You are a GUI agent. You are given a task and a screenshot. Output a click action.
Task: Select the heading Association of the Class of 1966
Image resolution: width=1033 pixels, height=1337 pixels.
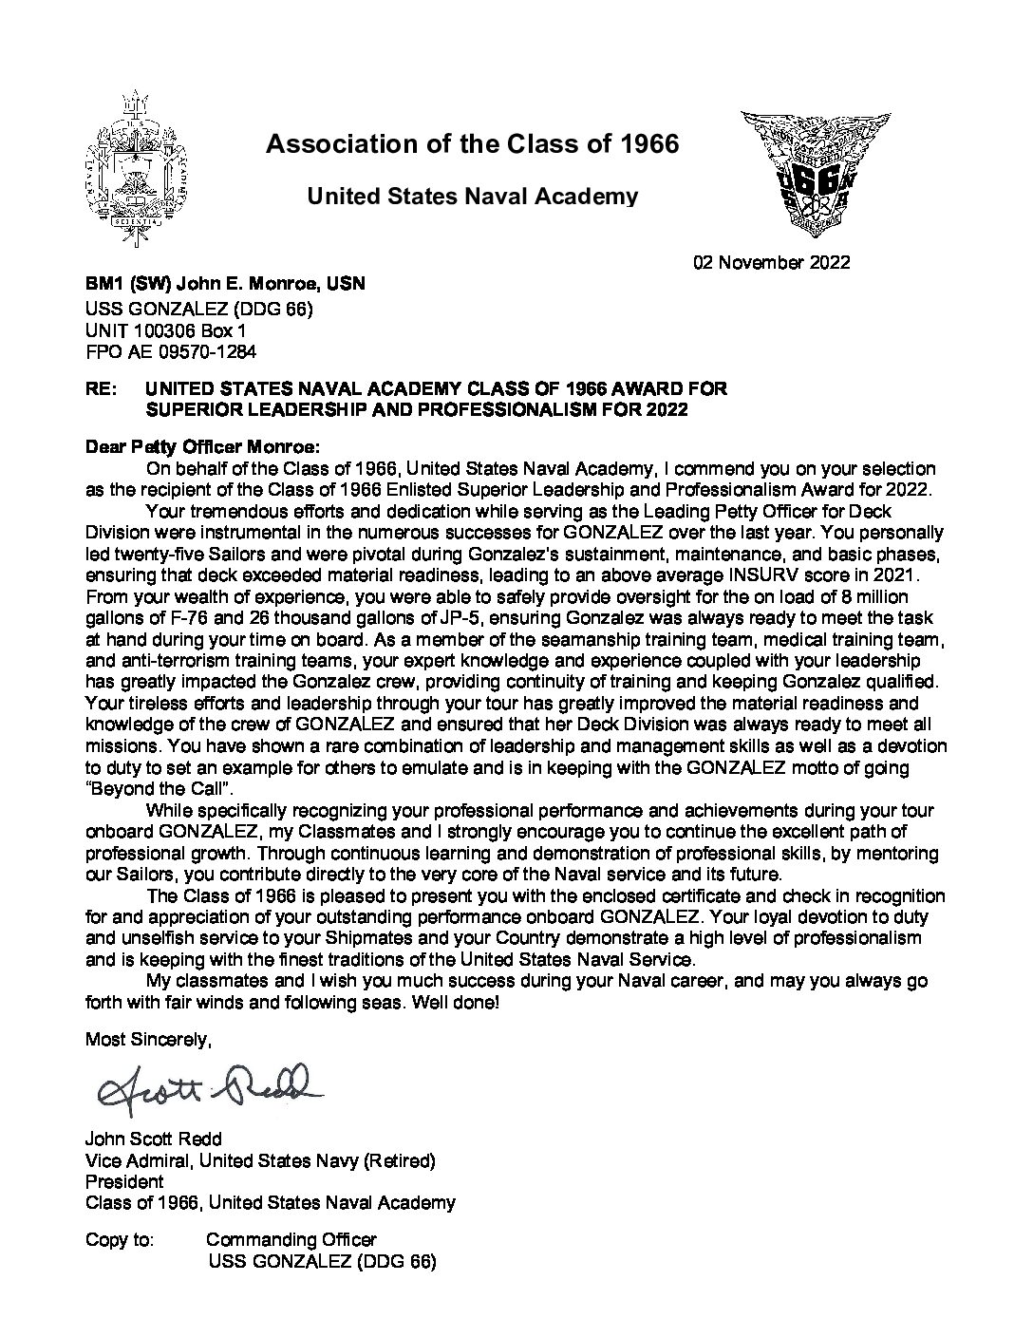[472, 144]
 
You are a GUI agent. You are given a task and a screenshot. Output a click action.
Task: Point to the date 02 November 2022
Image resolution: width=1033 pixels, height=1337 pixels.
[772, 262]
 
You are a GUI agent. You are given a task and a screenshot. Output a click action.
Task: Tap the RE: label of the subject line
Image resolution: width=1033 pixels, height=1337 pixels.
[100, 389]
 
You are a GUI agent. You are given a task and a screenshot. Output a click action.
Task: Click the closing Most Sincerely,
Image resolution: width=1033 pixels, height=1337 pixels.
[148, 1040]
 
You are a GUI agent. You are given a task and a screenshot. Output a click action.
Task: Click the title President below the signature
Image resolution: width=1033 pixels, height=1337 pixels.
[124, 1181]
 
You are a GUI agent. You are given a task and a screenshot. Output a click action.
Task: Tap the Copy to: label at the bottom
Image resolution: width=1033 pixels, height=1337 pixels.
[118, 1239]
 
